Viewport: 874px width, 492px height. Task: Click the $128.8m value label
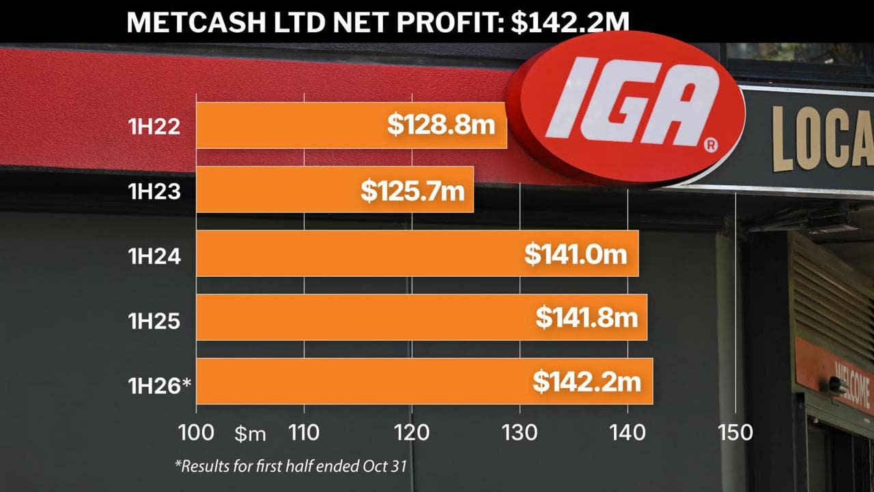click(x=440, y=126)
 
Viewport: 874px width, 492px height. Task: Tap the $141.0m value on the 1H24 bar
click(x=576, y=254)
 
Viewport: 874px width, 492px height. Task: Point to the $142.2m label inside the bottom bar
click(x=587, y=381)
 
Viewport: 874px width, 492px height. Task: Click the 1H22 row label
click(x=154, y=126)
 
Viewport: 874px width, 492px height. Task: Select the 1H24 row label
click(x=154, y=256)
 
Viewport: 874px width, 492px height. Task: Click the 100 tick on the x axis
click(x=196, y=432)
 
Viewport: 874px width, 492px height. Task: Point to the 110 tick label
click(x=304, y=432)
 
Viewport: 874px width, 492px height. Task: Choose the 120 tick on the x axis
click(x=412, y=432)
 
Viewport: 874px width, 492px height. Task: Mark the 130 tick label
click(x=520, y=432)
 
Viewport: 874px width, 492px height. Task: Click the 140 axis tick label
click(x=628, y=432)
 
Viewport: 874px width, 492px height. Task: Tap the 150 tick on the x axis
click(x=735, y=432)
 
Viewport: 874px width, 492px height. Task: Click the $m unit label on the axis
click(x=251, y=433)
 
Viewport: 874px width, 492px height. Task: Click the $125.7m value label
click(x=413, y=190)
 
